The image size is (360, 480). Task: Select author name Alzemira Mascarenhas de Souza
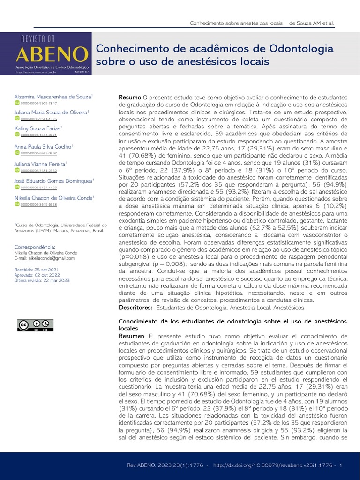pyautogui.click(x=53, y=97)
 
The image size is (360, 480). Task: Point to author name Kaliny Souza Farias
pyautogui.click(x=37, y=128)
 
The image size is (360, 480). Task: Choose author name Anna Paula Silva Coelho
pyautogui.click(x=44, y=146)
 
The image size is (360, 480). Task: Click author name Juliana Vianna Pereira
pyautogui.click(x=40, y=164)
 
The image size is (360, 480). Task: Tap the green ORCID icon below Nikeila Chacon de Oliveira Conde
pyautogui.click(x=17, y=204)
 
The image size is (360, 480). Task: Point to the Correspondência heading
pyautogui.click(x=35, y=247)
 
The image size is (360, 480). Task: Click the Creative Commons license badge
pyautogui.click(x=35, y=325)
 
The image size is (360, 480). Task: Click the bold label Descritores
pyautogui.click(x=135, y=307)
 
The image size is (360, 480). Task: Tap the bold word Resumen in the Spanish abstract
pyautogui.click(x=132, y=336)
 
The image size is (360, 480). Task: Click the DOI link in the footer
pyautogui.click(x=274, y=465)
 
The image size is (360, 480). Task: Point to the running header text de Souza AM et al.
pyautogui.click(x=312, y=23)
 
